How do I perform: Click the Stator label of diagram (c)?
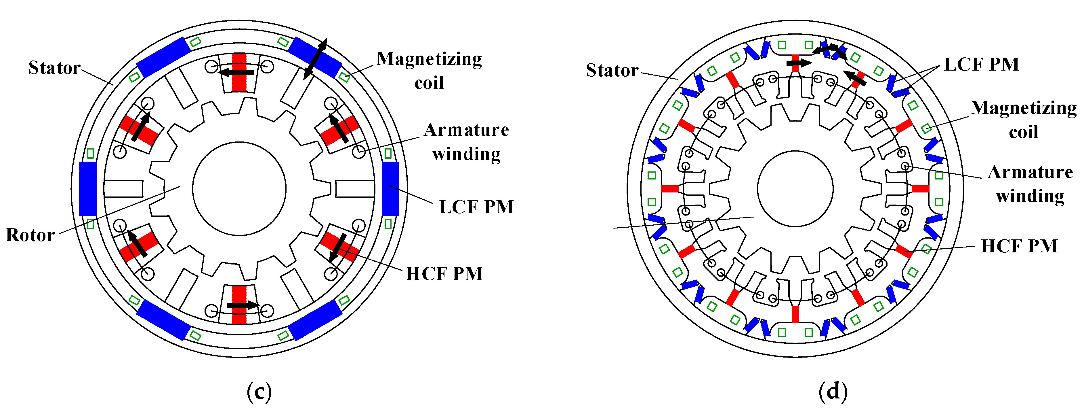pos(54,68)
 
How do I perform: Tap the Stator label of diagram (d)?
pos(612,70)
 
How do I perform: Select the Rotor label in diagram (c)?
pos(30,235)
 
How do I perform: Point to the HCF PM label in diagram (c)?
pos(444,274)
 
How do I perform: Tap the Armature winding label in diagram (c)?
pos(466,142)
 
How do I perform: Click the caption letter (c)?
pos(259,392)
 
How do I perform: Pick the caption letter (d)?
pos(833,392)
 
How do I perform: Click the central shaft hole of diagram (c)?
pos(239,189)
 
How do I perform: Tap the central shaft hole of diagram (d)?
pos(795,189)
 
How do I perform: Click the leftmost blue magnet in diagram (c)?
pos(88,189)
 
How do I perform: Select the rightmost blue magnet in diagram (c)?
pos(390,189)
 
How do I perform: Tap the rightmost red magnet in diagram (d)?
pos(920,189)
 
